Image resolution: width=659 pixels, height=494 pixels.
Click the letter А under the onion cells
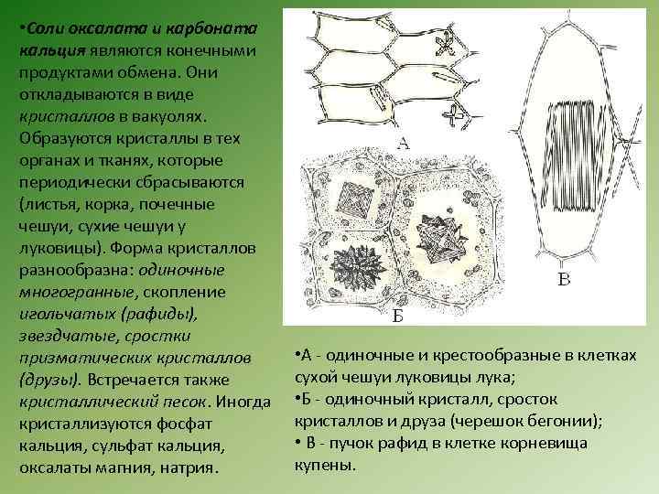tap(404, 143)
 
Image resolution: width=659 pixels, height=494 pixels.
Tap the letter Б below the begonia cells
tap(398, 317)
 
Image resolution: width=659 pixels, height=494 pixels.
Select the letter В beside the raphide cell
tap(565, 280)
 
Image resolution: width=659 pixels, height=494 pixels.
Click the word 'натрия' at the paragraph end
tap(189, 467)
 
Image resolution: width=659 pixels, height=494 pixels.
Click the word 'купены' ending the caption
tap(322, 465)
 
